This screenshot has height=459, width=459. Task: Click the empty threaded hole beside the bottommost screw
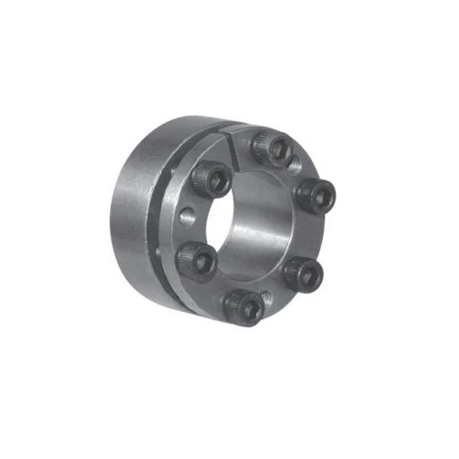click(x=267, y=295)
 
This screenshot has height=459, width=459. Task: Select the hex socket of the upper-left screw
click(x=210, y=180)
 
